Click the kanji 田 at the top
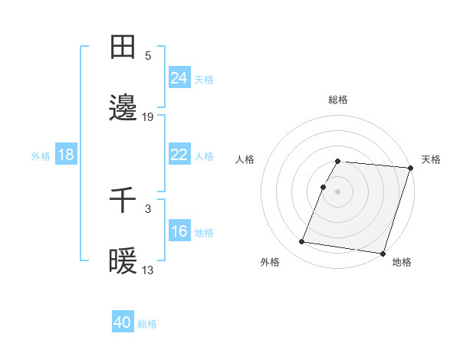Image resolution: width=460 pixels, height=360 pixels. (123, 47)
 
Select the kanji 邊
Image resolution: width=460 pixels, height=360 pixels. (123, 108)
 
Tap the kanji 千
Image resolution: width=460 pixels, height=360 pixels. (123, 200)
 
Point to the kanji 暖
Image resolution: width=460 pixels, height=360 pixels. (123, 261)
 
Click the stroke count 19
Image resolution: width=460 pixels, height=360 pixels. (148, 116)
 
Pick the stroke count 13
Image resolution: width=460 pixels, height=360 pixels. (148, 270)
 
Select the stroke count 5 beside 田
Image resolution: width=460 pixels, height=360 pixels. (148, 55)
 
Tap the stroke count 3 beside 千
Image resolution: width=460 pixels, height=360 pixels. (148, 208)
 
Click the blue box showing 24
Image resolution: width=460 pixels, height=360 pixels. (179, 78)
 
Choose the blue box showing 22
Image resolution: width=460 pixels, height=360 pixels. (179, 155)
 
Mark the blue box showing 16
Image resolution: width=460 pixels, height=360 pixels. (179, 231)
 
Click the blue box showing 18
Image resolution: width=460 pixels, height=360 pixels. (66, 155)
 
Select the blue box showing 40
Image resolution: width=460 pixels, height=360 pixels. (123, 322)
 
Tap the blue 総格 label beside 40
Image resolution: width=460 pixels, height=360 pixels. (147, 324)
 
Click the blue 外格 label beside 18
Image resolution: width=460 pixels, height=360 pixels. (41, 156)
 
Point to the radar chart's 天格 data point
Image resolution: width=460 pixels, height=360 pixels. (410, 169)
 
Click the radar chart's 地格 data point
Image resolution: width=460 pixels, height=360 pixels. (383, 253)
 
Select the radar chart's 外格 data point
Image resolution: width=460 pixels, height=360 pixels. (302, 242)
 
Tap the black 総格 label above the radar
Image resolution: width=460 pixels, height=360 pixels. (338, 100)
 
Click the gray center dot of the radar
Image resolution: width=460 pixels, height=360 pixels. (338, 191)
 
